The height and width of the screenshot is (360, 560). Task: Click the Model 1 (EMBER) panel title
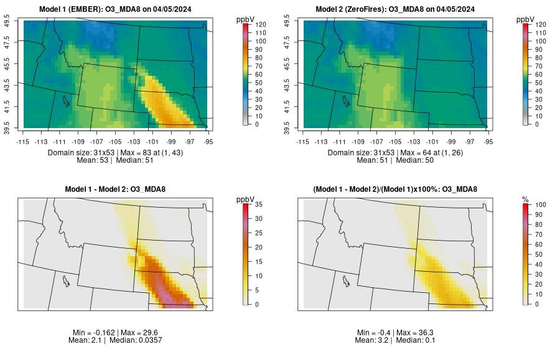click(118, 9)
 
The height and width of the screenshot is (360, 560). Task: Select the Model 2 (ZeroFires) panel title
click(398, 9)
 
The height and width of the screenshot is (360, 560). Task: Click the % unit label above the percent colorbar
click(525, 199)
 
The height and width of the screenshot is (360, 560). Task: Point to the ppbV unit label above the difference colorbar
click(245, 199)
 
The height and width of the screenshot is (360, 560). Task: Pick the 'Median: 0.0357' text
click(140, 341)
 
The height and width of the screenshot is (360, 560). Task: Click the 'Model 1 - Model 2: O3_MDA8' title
click(118, 189)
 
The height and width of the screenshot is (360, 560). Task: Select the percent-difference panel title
click(398, 189)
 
